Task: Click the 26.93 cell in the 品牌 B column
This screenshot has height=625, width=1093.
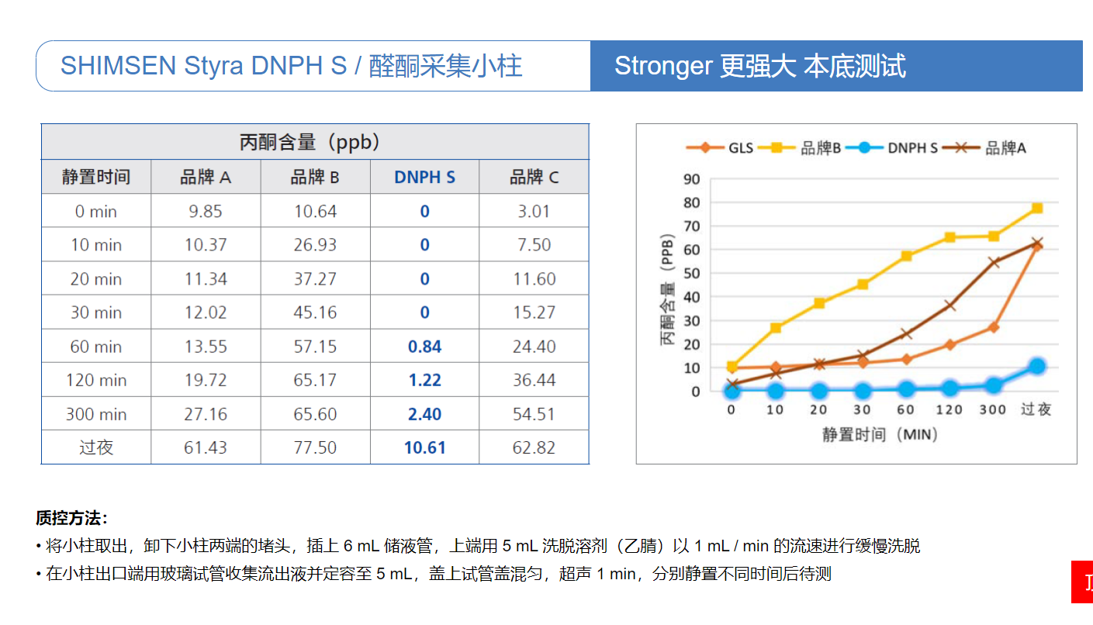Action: (x=315, y=245)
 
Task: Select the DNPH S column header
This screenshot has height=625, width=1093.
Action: (x=424, y=178)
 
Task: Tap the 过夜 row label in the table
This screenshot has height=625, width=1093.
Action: (x=96, y=447)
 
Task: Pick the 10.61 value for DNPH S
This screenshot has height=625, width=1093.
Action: (x=424, y=447)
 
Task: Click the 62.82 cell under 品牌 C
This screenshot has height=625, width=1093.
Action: (x=534, y=447)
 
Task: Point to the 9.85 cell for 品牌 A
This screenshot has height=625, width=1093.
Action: (x=206, y=212)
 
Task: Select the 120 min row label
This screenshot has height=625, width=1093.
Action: (x=96, y=380)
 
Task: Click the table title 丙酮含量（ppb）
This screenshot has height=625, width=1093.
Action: (x=314, y=143)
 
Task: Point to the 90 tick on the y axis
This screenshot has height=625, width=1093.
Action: (x=691, y=179)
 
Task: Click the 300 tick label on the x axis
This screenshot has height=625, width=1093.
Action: (x=993, y=409)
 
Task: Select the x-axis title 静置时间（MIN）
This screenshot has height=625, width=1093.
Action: (x=880, y=434)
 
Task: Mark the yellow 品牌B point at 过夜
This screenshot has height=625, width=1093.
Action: (x=1037, y=208)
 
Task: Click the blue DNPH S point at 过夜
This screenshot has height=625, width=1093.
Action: (x=1037, y=366)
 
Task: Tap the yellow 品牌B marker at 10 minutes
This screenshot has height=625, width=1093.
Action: (x=775, y=328)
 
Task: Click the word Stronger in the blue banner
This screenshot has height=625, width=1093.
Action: (x=662, y=66)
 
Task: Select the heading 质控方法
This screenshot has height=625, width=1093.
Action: (x=71, y=518)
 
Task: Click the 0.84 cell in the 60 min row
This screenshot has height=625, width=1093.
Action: (x=424, y=347)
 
